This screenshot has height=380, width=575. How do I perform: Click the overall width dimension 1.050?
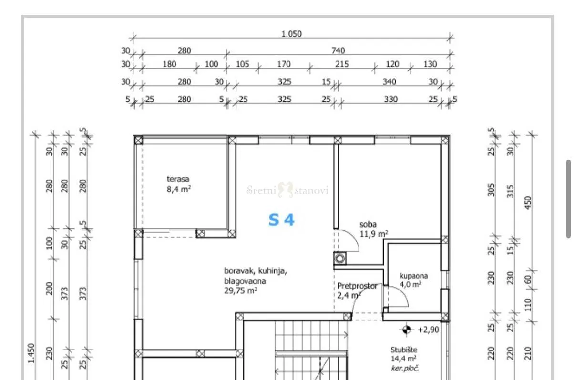coord(291,34)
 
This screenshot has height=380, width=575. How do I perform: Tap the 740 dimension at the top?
coord(338,50)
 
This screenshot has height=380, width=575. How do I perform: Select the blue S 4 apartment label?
coord(281,220)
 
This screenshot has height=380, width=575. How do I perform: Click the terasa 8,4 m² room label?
coord(179,184)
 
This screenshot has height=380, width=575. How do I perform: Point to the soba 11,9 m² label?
coord(374,229)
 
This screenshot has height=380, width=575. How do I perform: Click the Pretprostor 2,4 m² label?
coord(357,290)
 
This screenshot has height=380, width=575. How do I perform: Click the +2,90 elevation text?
coord(429,330)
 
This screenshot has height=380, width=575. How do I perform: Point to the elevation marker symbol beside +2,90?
coord(406,330)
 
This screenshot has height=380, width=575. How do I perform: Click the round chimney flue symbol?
coord(340,259)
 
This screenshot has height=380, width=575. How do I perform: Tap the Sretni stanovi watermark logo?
coord(287,190)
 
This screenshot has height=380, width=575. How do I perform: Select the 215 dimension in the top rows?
coord(342,64)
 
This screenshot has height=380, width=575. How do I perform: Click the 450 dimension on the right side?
coord(528,202)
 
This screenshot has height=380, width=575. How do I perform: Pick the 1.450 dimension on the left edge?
coord(31,353)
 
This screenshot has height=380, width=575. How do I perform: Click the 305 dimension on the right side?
coord(491,190)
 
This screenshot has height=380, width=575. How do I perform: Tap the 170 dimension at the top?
coord(284,64)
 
